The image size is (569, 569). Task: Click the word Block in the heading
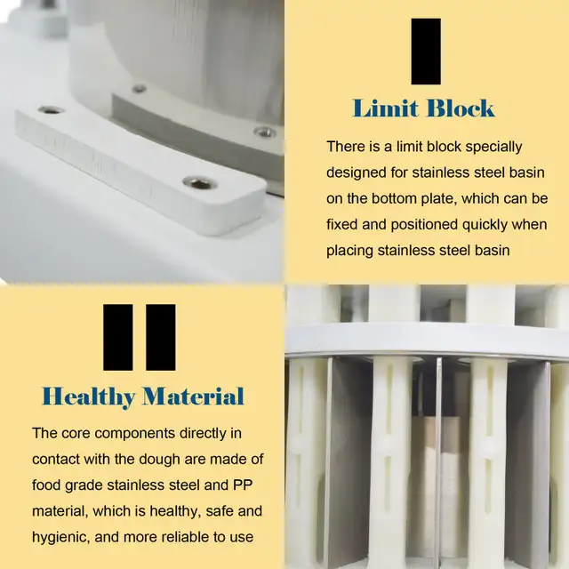(459, 109)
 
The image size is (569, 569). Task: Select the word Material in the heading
(193, 396)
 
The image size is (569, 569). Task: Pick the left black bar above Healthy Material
(118, 337)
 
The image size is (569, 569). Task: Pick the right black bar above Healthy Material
(160, 337)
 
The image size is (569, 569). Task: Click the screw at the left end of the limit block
(51, 110)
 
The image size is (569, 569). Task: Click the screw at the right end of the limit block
(199, 183)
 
